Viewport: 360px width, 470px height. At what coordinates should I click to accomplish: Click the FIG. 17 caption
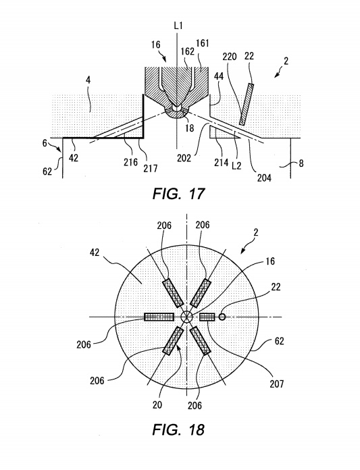click(178, 194)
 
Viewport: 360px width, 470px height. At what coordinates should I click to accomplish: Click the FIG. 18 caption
click(178, 429)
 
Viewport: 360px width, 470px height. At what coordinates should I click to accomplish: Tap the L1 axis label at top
click(178, 26)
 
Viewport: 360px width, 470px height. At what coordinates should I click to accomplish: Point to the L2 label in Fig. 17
click(236, 165)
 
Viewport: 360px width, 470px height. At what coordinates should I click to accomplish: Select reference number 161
click(203, 43)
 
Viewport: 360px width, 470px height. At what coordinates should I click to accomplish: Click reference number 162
click(188, 51)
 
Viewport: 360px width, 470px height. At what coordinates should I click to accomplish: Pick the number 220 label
click(230, 57)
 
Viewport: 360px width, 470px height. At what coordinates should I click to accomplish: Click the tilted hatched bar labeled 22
click(247, 104)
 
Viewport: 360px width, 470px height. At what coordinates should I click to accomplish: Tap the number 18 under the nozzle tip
click(190, 128)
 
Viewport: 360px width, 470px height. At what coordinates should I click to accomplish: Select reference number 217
click(150, 168)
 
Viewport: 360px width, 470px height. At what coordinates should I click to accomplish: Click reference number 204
click(264, 178)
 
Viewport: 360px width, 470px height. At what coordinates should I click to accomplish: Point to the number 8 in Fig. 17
click(301, 163)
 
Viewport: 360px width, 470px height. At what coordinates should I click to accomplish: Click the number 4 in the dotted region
click(88, 80)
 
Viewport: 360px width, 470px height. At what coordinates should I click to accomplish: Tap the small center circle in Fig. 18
click(186, 317)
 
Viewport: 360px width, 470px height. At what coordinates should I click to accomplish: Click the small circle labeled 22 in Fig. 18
click(222, 317)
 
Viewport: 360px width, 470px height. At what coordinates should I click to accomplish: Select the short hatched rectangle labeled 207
click(207, 317)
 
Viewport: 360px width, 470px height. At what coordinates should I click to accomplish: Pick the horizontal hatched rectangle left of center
click(159, 317)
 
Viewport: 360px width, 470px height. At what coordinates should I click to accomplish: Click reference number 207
click(276, 384)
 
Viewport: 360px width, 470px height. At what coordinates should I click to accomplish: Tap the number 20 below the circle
click(157, 404)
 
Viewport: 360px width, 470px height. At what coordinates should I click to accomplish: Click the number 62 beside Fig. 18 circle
click(279, 341)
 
